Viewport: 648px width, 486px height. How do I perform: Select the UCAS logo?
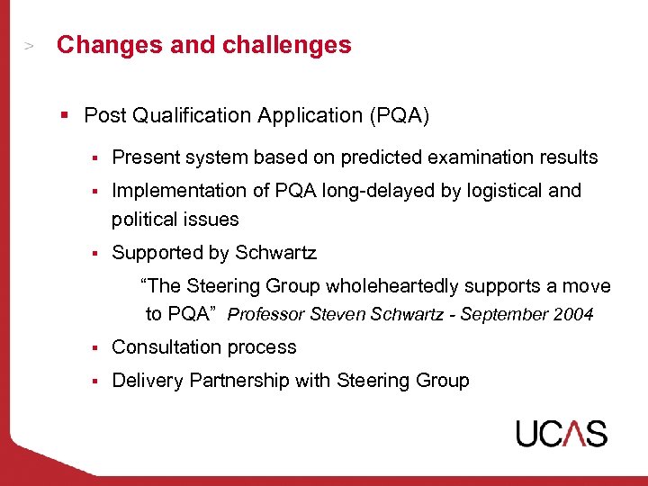[x=562, y=434]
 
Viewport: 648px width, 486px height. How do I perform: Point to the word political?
[x=143, y=219]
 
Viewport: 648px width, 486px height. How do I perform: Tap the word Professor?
[x=265, y=315]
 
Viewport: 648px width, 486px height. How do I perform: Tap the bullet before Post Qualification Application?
[x=65, y=115]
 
